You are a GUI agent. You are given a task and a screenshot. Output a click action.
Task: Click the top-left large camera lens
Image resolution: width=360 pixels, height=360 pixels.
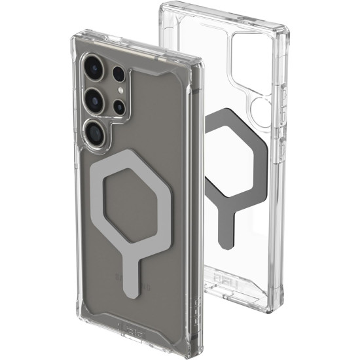90,68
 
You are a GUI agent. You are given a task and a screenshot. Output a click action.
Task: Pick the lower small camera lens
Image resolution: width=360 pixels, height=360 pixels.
120,106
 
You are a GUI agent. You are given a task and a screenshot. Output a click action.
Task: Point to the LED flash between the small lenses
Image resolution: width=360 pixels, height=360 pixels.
120,90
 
